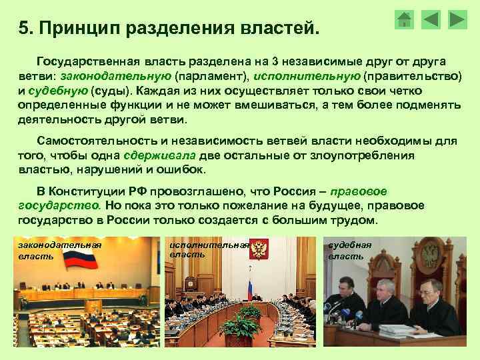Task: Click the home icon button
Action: (404, 19)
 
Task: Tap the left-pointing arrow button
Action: (431, 19)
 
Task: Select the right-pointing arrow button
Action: (457, 19)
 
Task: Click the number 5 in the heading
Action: (23, 29)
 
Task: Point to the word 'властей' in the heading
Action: (280, 29)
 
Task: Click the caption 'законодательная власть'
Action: (59, 251)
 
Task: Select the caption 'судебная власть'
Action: (350, 250)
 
